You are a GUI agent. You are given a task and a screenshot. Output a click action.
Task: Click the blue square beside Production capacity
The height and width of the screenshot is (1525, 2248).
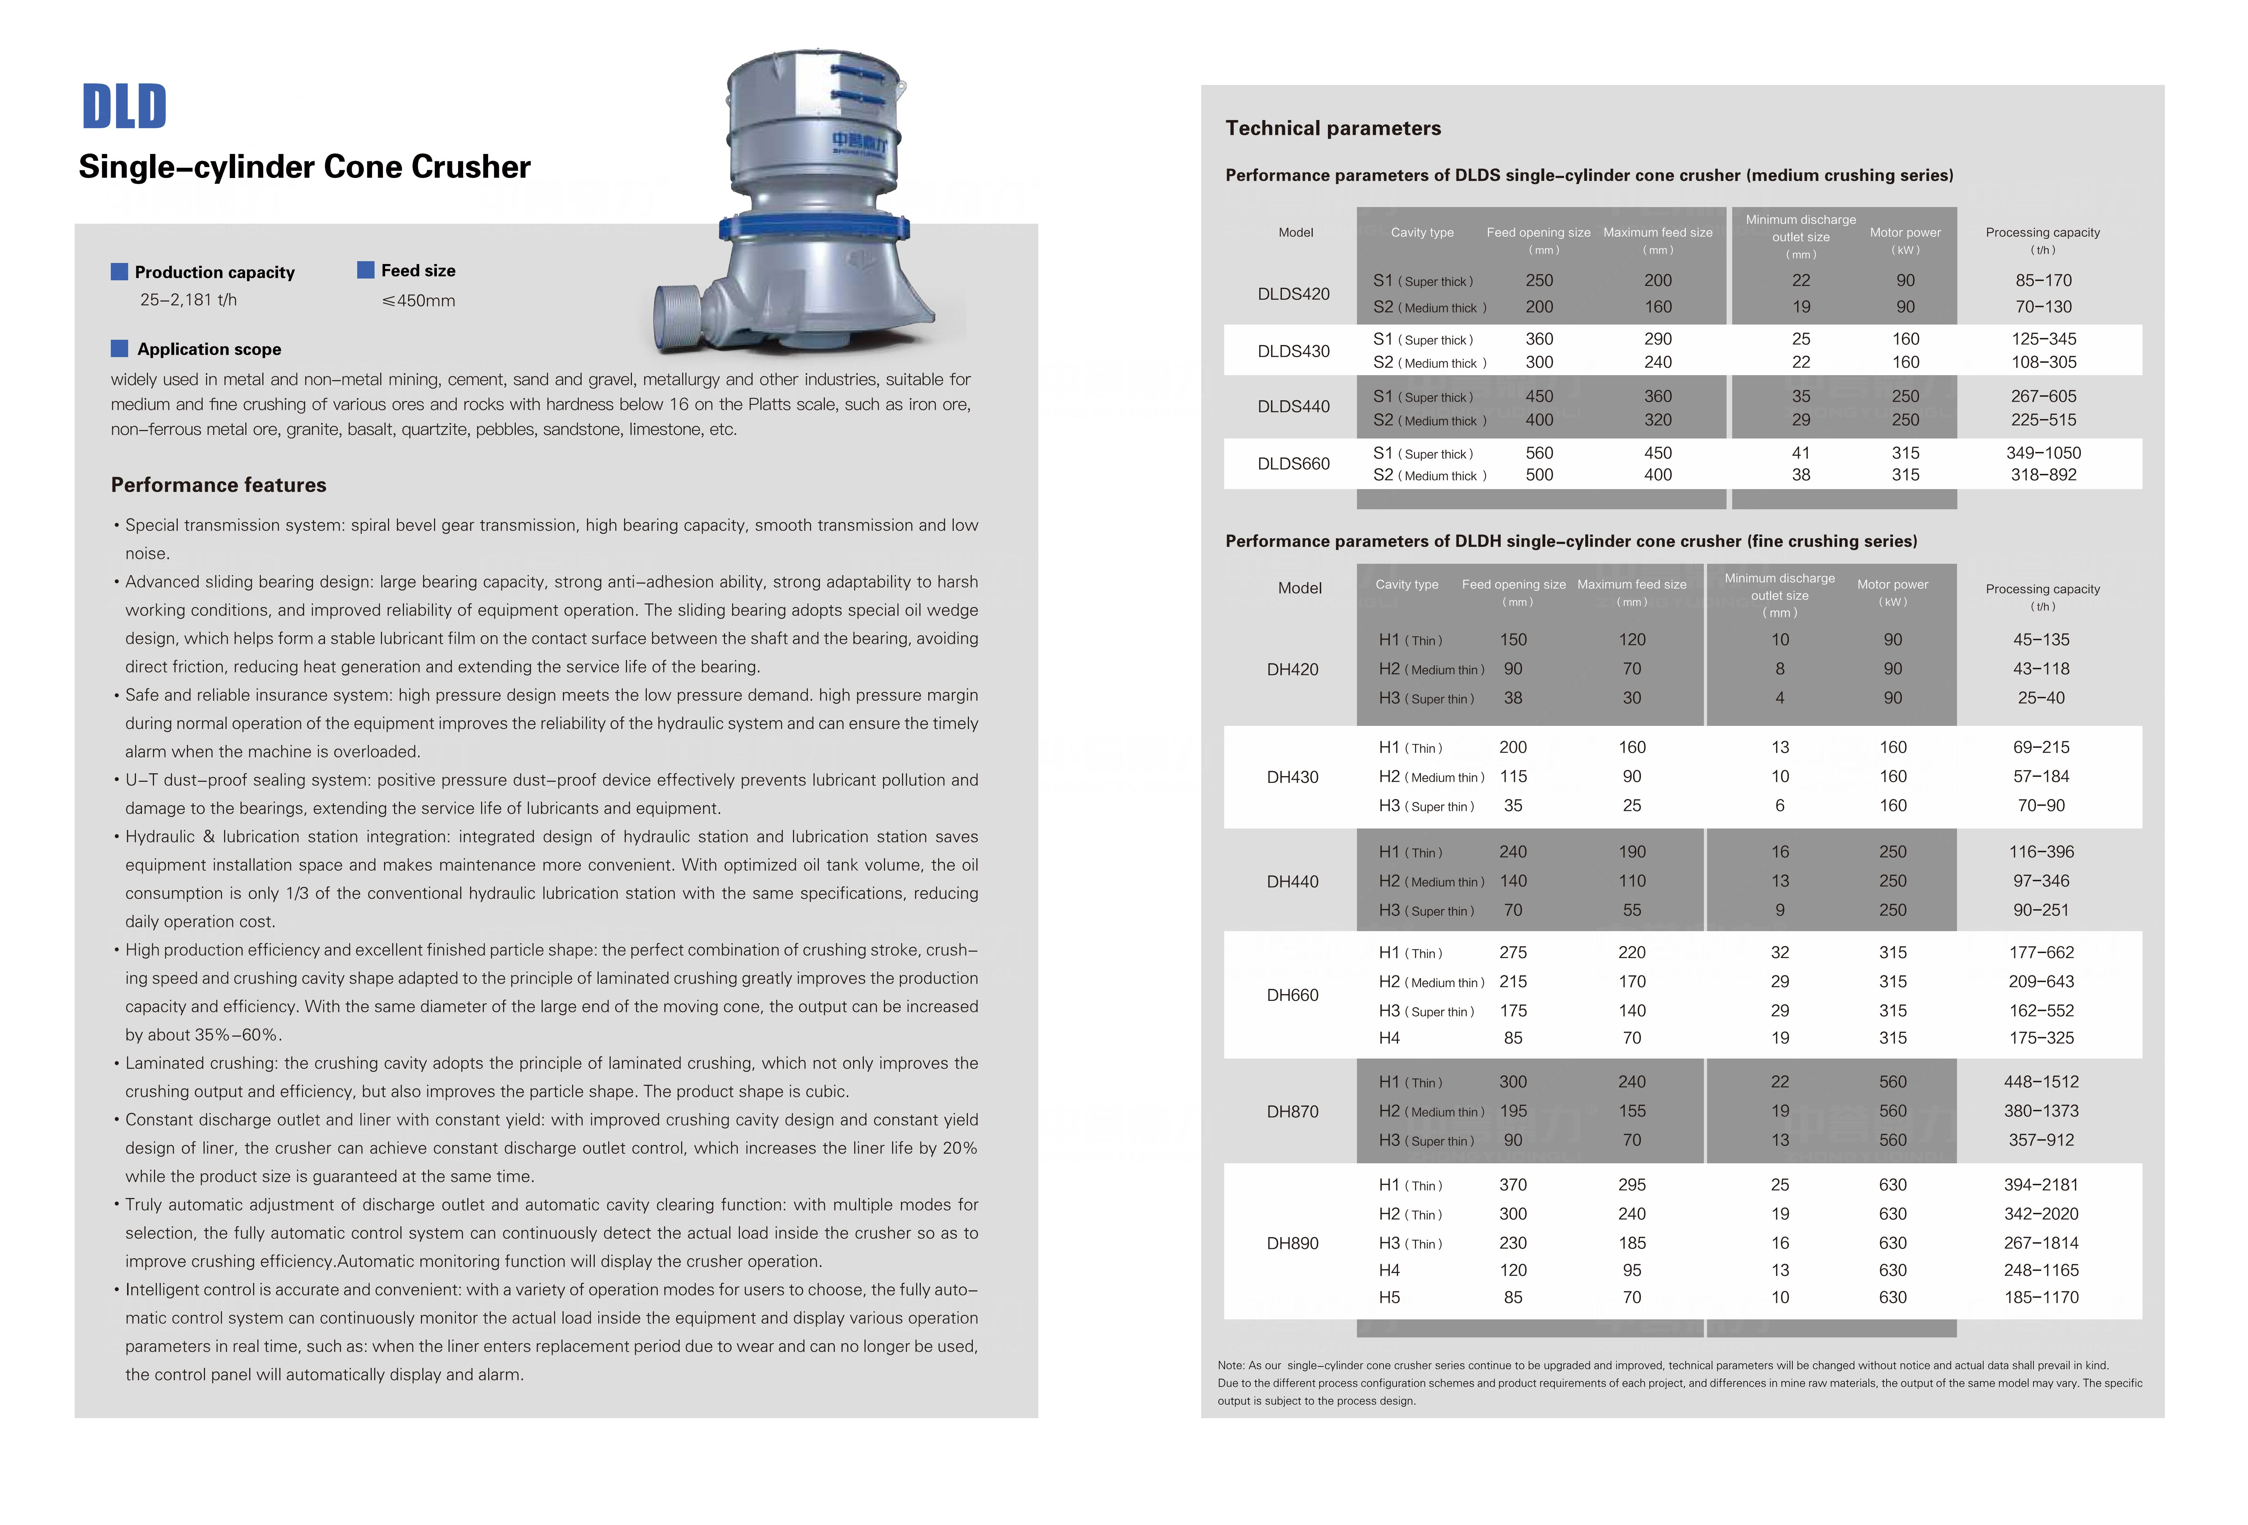pyautogui.click(x=119, y=272)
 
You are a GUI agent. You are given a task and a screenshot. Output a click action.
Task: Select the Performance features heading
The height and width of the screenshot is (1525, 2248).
pyautogui.click(x=219, y=485)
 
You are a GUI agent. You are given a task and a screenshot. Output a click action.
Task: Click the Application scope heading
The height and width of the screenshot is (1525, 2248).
pyautogui.click(x=209, y=349)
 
